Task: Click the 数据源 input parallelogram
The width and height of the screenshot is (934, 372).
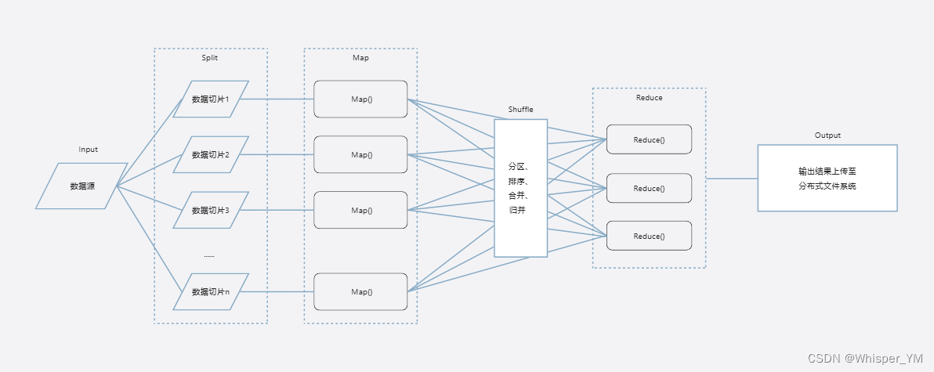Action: [81, 186]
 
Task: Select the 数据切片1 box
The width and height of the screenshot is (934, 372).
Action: [210, 99]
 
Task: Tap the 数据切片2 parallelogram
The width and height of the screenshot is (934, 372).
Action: [210, 155]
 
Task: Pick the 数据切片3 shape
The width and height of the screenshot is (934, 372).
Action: [210, 210]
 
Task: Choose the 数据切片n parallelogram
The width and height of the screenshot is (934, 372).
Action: [210, 291]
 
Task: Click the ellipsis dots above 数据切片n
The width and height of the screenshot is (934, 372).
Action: [209, 255]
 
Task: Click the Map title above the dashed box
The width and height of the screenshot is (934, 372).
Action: [360, 57]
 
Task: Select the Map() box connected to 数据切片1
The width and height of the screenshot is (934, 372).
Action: [360, 99]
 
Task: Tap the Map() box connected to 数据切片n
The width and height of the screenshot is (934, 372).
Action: [360, 291]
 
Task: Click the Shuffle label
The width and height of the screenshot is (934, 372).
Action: [520, 110]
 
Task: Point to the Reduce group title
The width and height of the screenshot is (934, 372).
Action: [649, 98]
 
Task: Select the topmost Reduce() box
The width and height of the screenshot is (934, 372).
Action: [649, 139]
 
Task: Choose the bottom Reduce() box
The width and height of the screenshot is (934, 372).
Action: [649, 236]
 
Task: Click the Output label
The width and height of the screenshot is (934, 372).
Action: [827, 135]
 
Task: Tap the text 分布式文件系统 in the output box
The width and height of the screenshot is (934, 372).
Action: [827, 186]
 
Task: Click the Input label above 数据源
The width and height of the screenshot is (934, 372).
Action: [89, 150]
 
